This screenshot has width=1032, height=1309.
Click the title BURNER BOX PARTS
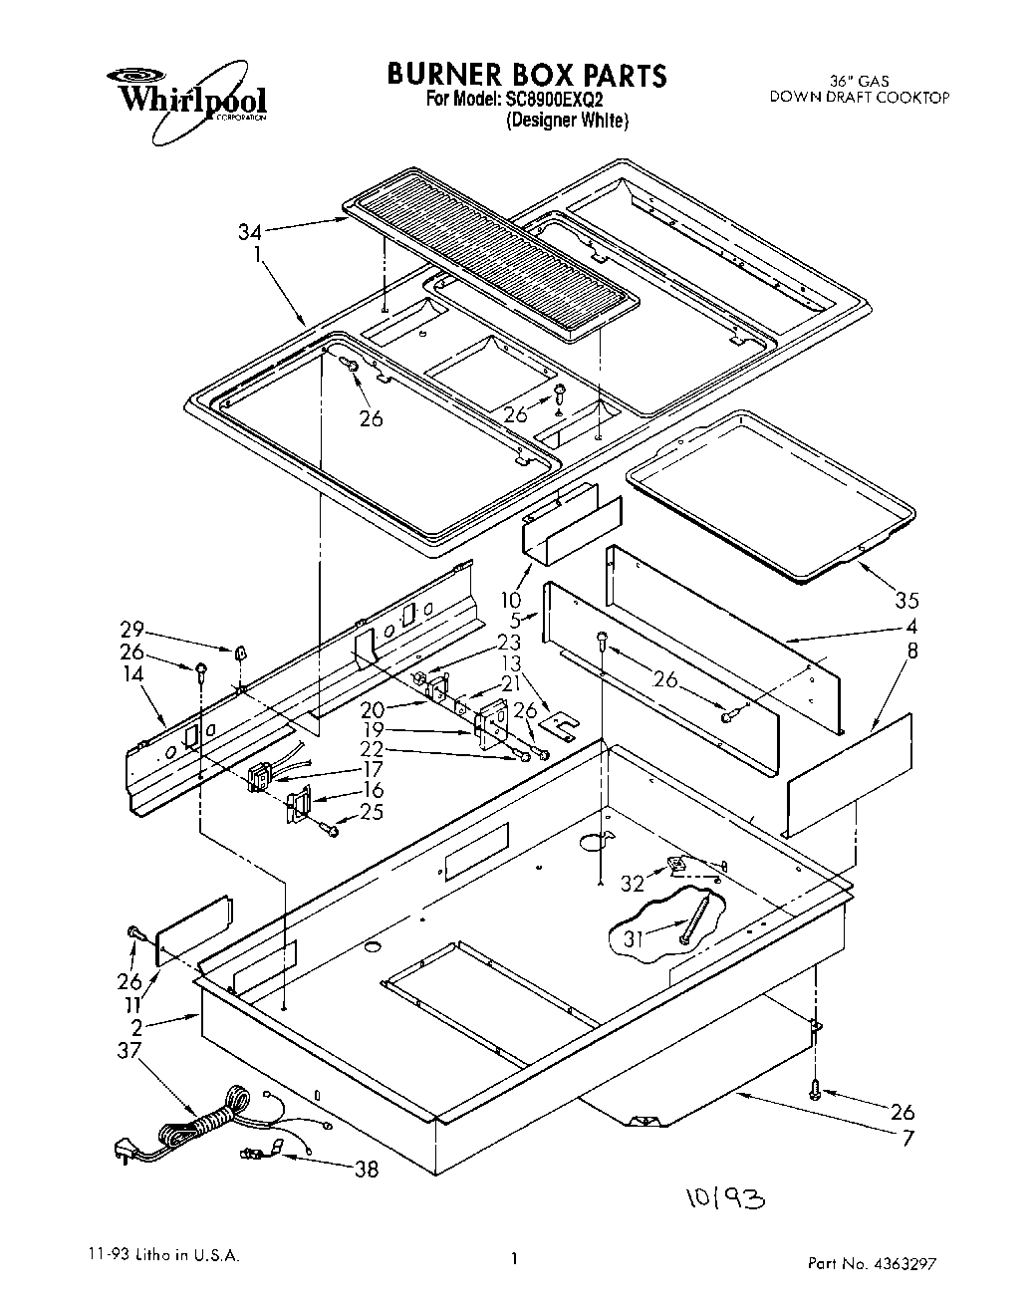pyautogui.click(x=526, y=75)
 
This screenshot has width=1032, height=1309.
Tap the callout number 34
pyautogui.click(x=250, y=232)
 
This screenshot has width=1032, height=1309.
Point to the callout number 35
pyautogui.click(x=906, y=600)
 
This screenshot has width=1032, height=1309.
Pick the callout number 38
pyautogui.click(x=367, y=1170)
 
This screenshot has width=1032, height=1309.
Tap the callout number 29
pyautogui.click(x=133, y=631)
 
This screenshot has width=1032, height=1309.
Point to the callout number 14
pyautogui.click(x=133, y=674)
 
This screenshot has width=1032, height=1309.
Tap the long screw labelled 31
pyautogui.click(x=697, y=919)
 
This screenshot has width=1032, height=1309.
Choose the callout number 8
pyautogui.click(x=911, y=652)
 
